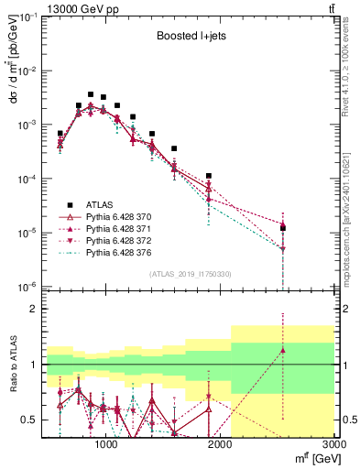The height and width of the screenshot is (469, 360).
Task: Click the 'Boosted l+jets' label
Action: (x=188, y=38)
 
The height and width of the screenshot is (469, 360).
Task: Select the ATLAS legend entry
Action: (x=99, y=204)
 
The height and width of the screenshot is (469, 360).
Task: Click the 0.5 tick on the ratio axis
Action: (x=30, y=420)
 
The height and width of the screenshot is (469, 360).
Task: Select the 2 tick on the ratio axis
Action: (x=35, y=309)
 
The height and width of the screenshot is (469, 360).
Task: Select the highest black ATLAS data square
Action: (x=91, y=94)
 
